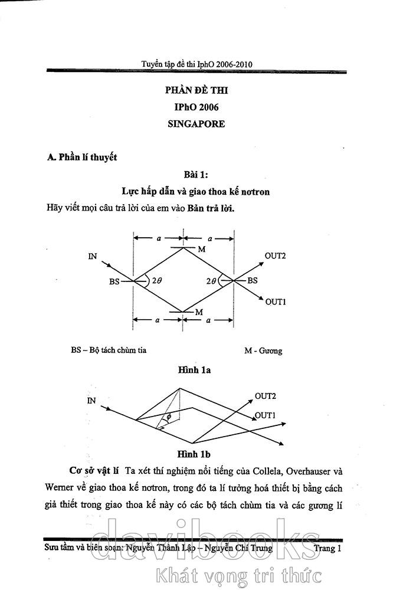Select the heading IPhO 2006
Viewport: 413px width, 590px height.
(x=196, y=108)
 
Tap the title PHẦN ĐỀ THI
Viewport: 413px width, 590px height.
(x=196, y=91)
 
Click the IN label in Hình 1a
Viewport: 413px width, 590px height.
(x=93, y=256)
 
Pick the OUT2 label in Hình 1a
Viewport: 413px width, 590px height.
(x=275, y=256)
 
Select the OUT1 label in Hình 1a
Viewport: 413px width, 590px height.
(x=276, y=302)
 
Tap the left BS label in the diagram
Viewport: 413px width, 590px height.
(x=114, y=282)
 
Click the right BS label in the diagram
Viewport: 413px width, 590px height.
(x=252, y=281)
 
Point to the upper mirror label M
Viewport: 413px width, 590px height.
(x=201, y=250)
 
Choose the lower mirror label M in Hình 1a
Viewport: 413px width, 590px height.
(x=199, y=312)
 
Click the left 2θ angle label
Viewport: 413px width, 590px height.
(x=157, y=281)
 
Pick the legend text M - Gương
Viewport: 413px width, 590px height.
(x=263, y=350)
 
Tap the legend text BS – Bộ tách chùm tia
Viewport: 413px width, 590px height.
(x=109, y=350)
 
